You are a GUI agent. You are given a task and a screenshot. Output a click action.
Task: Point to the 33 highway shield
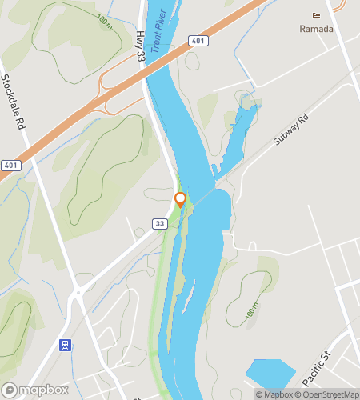(x=161, y=223)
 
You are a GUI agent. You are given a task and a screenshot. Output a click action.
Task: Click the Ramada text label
(x=316, y=29)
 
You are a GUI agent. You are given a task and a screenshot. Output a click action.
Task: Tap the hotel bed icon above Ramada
(x=316, y=16)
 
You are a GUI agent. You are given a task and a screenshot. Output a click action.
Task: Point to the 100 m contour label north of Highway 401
(x=103, y=20)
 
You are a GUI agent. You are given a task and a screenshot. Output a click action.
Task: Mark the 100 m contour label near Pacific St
(x=252, y=313)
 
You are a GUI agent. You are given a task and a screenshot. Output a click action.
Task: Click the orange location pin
(x=180, y=198)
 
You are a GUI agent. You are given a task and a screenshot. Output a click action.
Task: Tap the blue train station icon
(x=65, y=346)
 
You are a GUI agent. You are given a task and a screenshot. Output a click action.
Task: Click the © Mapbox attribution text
(x=274, y=394)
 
